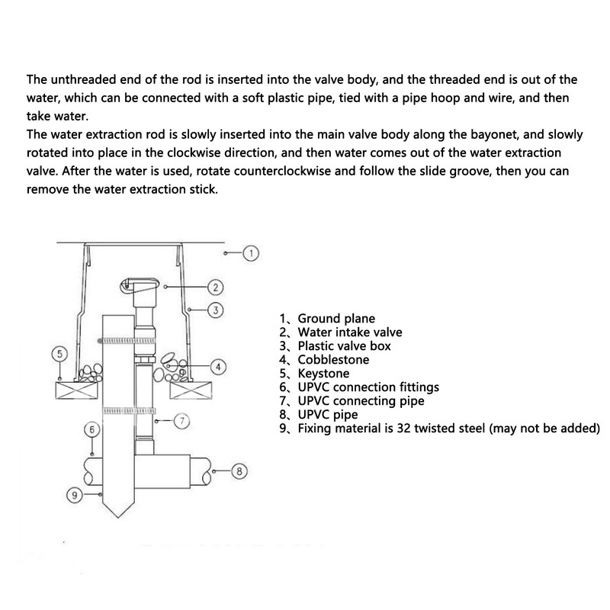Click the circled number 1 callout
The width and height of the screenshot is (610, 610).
[252, 252]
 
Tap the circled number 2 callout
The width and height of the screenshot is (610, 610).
[214, 287]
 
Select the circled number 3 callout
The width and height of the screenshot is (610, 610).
[215, 310]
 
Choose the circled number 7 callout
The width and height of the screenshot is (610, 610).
[182, 421]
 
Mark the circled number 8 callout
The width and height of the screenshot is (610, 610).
[239, 472]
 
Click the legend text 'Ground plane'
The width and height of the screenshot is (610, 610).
[336, 319]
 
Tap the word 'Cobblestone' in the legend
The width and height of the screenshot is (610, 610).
[333, 360]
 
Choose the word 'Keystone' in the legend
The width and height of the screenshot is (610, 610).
[323, 374]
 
